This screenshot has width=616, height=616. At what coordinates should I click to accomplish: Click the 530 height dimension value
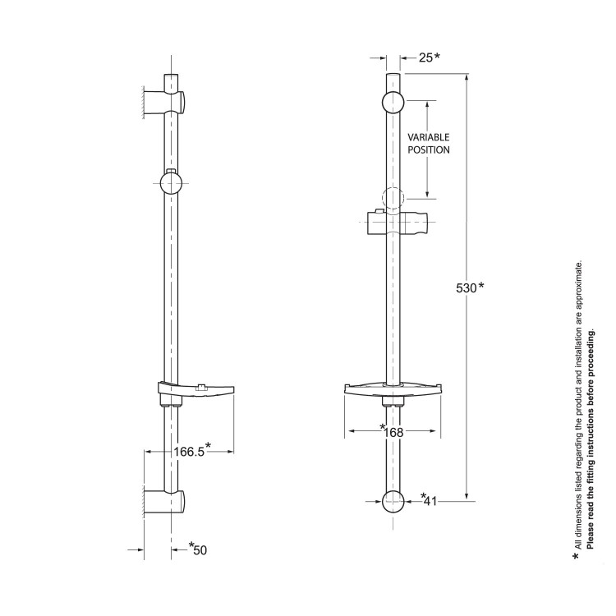click(467, 287)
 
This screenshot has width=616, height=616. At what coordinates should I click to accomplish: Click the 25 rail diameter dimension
click(425, 57)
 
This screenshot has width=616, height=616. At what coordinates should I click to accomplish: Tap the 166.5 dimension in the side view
click(189, 451)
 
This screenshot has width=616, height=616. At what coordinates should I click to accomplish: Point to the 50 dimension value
click(200, 549)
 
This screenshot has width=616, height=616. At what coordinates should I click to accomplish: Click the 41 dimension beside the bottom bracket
click(430, 501)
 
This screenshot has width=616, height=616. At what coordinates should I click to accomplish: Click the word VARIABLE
click(429, 137)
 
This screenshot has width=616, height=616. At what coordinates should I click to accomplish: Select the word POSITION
click(429, 150)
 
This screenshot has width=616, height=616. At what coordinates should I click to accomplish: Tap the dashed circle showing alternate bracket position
click(393, 197)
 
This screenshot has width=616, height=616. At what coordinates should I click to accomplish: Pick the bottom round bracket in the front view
click(393, 500)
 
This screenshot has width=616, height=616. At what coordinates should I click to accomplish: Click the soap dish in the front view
click(393, 393)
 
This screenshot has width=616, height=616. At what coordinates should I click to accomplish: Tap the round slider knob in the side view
click(170, 182)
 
